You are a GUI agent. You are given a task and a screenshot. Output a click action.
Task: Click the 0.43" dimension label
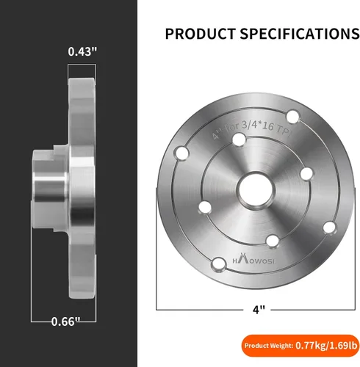pos(82,51)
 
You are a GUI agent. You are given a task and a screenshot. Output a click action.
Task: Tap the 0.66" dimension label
pos(65,321)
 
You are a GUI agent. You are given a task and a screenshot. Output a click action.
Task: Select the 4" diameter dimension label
pos(259,310)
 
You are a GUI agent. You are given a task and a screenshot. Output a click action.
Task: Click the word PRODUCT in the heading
pos(201,34)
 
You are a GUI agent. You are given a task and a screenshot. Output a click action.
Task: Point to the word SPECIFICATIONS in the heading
pos(300,34)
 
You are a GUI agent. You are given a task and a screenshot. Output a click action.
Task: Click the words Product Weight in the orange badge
pos(269,346)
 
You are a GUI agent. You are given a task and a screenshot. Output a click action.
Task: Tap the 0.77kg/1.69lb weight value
pos(326,346)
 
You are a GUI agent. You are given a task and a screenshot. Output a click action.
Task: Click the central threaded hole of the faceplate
pos(256,190)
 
